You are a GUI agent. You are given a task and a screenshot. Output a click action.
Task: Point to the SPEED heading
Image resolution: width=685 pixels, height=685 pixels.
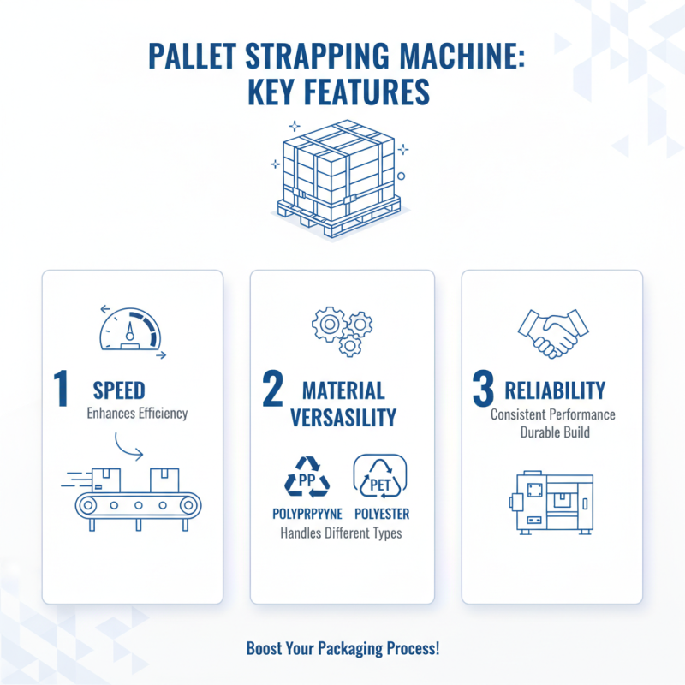point(119,391)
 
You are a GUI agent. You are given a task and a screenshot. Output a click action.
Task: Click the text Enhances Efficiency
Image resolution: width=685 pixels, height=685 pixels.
point(137,414)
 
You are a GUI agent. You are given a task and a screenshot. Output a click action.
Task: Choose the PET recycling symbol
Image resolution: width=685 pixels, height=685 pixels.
point(379,476)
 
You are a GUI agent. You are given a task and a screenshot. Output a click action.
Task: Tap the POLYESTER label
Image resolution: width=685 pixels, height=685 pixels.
point(381,514)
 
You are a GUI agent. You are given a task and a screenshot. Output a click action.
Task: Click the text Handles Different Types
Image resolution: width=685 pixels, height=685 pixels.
point(342,533)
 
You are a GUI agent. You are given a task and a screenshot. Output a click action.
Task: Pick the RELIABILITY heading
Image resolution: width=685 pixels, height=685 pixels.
point(555,391)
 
